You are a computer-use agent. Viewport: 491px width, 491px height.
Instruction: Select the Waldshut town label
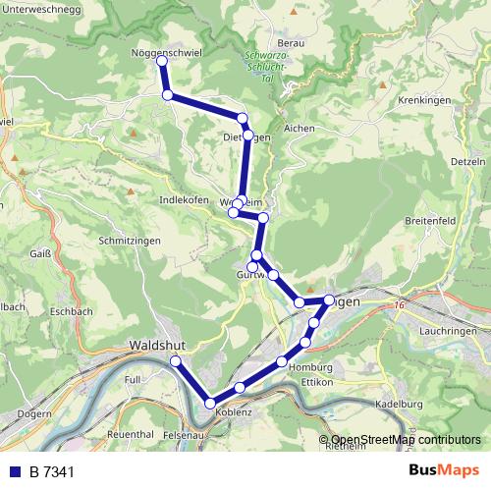click(157, 346)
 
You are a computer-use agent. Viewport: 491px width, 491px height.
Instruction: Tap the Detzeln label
click(466, 159)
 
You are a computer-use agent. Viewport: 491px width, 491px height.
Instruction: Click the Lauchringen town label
click(448, 332)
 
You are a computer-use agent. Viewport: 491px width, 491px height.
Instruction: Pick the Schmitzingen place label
click(130, 240)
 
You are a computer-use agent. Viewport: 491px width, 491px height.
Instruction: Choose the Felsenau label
click(184, 433)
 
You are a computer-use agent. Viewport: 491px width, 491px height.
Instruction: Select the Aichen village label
click(299, 129)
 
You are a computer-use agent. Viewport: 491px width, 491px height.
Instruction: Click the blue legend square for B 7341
click(14, 472)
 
